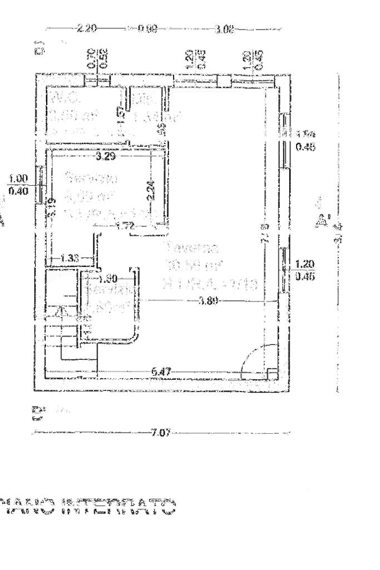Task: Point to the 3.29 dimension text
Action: [105, 157]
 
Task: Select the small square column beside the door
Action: [271, 374]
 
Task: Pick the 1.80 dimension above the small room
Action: [108, 279]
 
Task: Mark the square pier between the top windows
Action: [222, 81]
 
